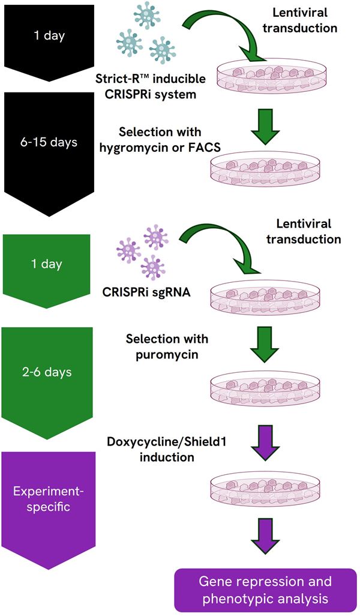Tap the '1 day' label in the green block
click(x=47, y=264)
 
